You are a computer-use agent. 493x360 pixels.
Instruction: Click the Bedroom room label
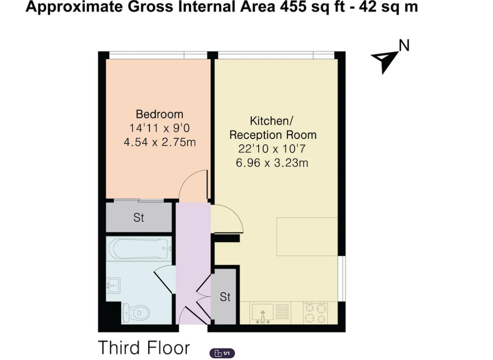(159, 114)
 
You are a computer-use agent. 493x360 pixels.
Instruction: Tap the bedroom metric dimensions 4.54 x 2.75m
(160, 142)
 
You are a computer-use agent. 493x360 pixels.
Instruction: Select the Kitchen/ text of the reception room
(272, 121)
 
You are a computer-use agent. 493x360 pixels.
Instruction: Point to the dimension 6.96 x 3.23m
(272, 163)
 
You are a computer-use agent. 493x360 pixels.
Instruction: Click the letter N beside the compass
(404, 46)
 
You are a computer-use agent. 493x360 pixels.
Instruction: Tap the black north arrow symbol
(385, 61)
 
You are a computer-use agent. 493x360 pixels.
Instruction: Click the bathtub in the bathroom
(139, 249)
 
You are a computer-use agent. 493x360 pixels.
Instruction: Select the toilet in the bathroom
(136, 313)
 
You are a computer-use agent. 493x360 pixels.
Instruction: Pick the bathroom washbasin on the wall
(113, 285)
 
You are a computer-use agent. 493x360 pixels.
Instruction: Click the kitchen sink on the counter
(262, 313)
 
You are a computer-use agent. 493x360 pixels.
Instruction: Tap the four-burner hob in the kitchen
(316, 313)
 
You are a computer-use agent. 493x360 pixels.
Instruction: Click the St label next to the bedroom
(139, 218)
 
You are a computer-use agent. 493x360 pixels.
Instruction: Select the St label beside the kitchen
(225, 297)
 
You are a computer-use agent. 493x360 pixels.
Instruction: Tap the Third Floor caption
(144, 348)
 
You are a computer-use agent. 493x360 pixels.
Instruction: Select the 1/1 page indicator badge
(222, 353)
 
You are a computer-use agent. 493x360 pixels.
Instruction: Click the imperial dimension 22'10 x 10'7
(272, 148)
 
